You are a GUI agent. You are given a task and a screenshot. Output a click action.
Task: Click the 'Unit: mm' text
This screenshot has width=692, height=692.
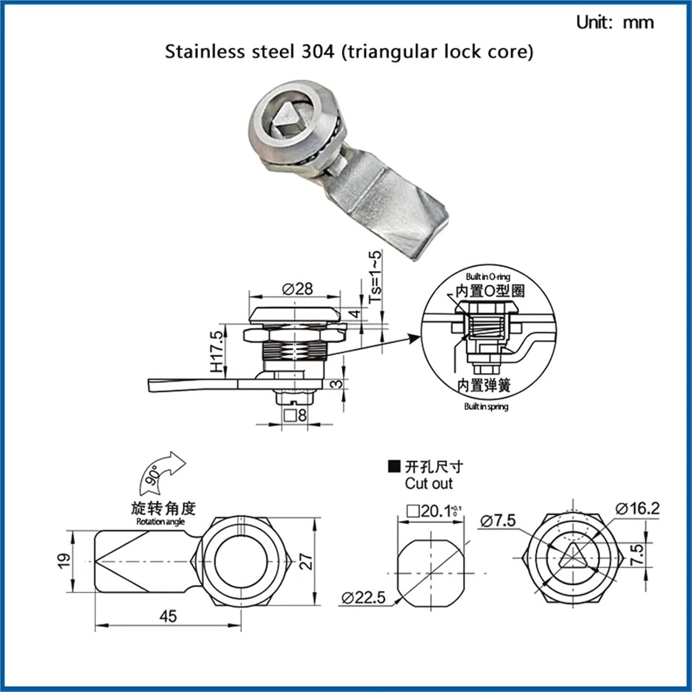[x=614, y=22]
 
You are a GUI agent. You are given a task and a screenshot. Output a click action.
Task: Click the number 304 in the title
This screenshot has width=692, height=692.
[x=317, y=51]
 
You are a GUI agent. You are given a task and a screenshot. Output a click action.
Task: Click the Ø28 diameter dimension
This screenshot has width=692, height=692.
[x=298, y=289]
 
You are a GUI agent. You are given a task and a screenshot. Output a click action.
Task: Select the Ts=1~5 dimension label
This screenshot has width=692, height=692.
[x=376, y=276]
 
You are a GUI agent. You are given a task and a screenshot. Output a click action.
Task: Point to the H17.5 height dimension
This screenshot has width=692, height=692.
[x=217, y=352]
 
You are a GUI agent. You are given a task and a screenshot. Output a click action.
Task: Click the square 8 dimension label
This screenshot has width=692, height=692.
[x=295, y=415]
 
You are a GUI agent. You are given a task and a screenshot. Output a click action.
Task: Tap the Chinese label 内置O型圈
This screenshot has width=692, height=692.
[x=490, y=291]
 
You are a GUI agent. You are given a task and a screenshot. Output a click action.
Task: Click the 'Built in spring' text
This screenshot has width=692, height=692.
[x=486, y=406]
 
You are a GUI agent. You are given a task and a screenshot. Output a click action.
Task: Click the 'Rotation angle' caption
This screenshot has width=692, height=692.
[x=160, y=522]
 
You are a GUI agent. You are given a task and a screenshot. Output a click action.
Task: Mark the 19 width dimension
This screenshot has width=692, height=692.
[x=64, y=560]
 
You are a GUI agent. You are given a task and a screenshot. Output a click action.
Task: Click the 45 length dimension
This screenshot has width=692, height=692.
[x=168, y=616]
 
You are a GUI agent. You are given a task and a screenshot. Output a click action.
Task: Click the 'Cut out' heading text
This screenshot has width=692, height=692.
[x=429, y=483]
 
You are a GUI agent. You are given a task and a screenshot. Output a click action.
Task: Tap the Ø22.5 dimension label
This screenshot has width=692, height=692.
[x=364, y=598]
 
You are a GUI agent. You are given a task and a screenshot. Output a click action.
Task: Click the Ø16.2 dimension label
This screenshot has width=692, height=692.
[x=637, y=508]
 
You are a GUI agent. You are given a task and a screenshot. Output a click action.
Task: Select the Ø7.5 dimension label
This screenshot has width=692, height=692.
[x=498, y=520]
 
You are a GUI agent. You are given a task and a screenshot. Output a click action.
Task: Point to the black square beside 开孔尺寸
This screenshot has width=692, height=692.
[x=394, y=466]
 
